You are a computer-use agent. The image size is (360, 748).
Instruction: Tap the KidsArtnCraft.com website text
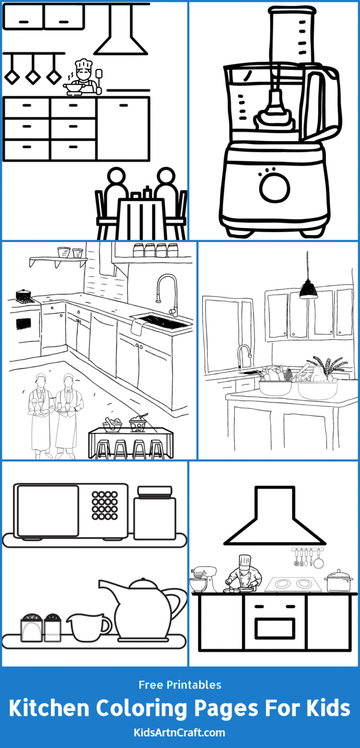click(180, 732)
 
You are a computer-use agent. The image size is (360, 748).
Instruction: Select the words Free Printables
click(180, 685)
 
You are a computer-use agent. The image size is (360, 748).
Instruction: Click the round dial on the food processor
click(275, 189)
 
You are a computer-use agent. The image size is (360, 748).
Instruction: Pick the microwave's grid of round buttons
click(105, 505)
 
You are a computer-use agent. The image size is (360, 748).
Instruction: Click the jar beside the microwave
click(154, 513)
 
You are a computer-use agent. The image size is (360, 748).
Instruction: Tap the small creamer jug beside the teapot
click(88, 627)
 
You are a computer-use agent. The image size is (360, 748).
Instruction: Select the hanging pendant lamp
click(308, 289)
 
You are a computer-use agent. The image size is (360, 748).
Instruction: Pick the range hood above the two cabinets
click(120, 33)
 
